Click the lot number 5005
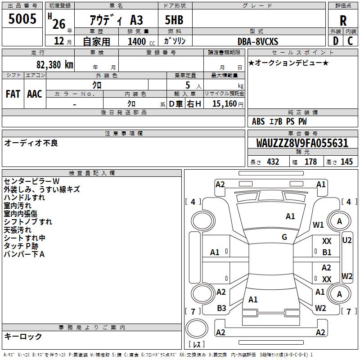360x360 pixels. point(22,19)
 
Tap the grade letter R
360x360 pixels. point(343,20)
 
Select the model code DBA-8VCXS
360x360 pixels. point(258,41)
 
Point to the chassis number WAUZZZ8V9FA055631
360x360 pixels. point(303,143)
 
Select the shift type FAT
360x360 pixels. point(13,94)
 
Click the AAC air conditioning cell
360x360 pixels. point(35,94)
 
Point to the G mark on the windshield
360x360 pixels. point(284,237)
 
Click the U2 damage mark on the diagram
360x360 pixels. point(347,240)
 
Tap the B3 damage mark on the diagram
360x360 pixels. point(221,308)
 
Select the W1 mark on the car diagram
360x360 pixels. point(319,225)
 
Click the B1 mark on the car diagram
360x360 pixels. point(327,252)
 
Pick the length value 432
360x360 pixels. point(273,162)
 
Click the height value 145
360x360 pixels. point(346,162)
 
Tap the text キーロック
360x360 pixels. point(23,336)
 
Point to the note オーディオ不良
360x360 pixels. point(31,143)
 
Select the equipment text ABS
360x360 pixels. point(258,121)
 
